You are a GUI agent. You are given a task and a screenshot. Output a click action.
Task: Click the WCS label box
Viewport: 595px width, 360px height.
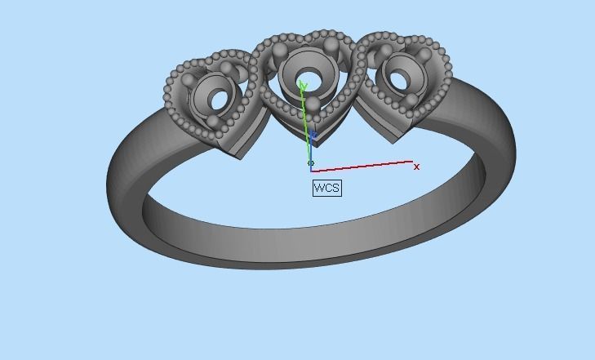[x=326, y=189]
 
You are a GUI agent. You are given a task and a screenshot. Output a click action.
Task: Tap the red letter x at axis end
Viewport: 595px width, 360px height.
[x=416, y=167]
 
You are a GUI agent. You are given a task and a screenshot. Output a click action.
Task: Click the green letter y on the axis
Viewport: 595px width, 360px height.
[x=303, y=85]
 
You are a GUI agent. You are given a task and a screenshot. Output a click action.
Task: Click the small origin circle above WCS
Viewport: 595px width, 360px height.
[x=311, y=163]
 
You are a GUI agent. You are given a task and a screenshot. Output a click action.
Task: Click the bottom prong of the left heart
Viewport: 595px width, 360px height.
[x=213, y=122]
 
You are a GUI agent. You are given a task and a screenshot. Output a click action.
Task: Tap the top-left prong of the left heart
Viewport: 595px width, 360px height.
[x=189, y=82]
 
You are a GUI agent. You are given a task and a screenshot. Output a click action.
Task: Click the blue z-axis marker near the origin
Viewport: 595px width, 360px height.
[x=313, y=136]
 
